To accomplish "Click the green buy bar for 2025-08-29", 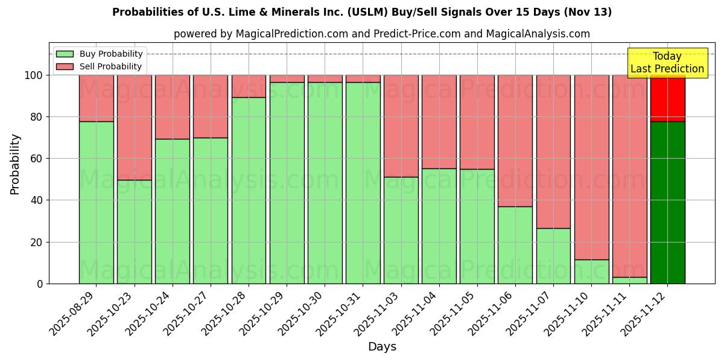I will click(x=96, y=202).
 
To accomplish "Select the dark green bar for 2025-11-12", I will click(x=667, y=202).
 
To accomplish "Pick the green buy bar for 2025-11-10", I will click(x=591, y=271).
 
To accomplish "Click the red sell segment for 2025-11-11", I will click(x=629, y=175).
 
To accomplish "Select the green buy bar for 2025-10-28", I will click(x=249, y=190).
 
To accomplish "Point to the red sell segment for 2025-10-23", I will click(x=134, y=127).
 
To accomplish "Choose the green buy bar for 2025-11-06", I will click(x=515, y=244).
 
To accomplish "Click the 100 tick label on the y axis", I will click(x=33, y=75).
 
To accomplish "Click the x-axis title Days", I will click(x=382, y=347).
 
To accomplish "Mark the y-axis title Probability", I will click(x=15, y=164).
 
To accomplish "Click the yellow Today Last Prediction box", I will click(x=667, y=63).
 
